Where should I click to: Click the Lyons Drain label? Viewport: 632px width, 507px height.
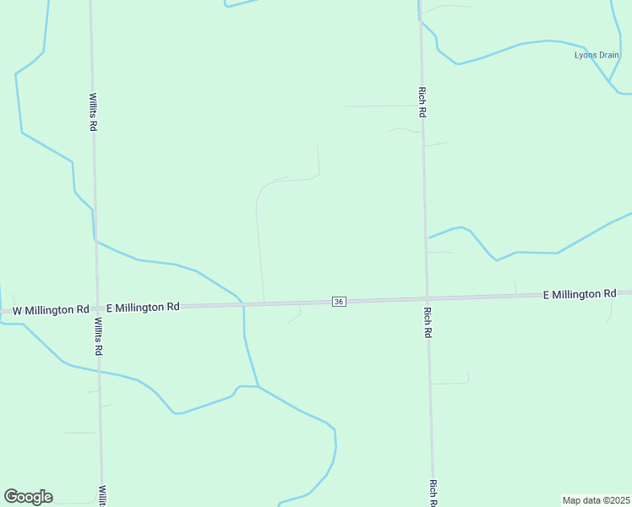point(597,56)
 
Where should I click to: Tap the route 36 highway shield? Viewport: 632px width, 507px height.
point(339,302)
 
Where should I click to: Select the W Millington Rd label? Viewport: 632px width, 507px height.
point(51,310)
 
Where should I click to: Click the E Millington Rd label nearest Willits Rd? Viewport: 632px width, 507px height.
point(143,308)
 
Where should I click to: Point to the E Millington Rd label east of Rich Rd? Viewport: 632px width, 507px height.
point(579,294)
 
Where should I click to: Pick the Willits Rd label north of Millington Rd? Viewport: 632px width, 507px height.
point(93,112)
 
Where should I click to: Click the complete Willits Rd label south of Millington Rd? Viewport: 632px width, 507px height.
point(98,336)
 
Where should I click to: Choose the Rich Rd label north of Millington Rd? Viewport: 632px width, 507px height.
point(422,101)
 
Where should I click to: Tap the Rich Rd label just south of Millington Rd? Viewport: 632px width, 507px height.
point(428,322)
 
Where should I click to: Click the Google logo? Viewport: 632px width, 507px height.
point(28,497)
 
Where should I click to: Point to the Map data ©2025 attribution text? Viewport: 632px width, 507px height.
point(596,500)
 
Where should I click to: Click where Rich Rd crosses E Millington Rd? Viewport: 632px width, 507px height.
point(427,298)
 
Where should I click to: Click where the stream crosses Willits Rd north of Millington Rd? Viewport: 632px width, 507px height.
point(95,241)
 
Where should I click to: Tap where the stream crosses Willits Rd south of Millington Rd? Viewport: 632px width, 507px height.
point(99,371)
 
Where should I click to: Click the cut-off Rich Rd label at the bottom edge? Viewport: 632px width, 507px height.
point(433,493)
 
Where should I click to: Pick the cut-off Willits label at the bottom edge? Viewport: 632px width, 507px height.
point(101,496)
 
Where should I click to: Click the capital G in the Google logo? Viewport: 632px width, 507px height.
point(11,496)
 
